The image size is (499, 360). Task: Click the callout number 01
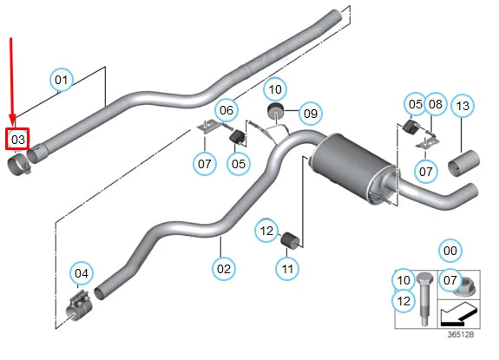point(62,81)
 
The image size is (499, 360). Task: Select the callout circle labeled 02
point(224,269)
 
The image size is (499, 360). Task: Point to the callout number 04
point(81,275)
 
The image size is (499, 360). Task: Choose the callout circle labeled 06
point(226,110)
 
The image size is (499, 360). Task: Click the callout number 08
point(436,105)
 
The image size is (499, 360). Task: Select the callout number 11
point(288,269)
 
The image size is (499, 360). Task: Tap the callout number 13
point(463,106)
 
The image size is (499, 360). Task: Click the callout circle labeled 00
point(449,252)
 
